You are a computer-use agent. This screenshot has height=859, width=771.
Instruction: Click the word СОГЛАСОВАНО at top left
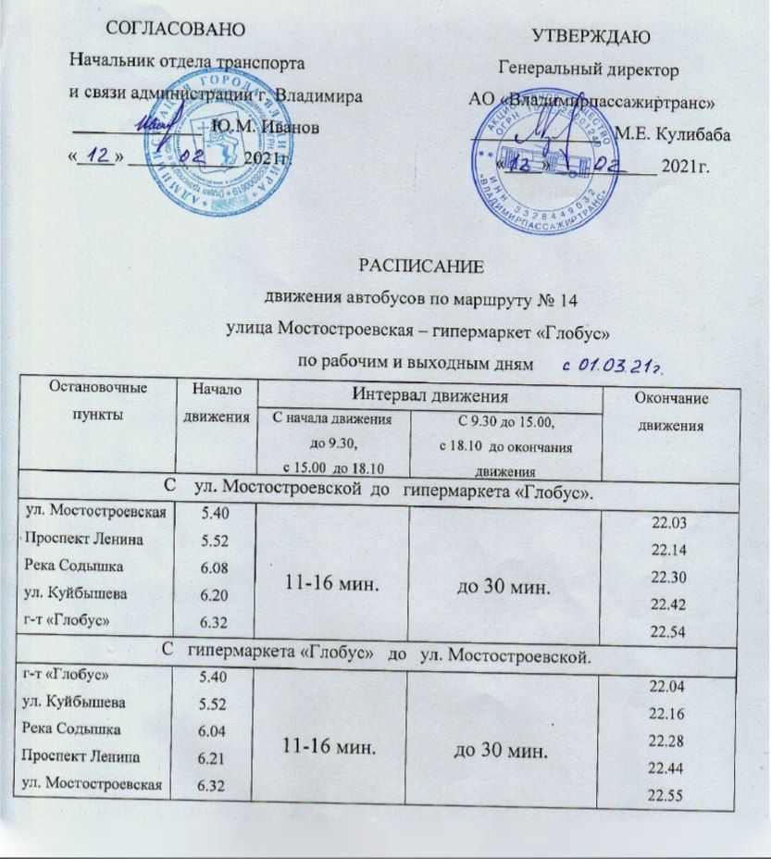pyautogui.click(x=176, y=29)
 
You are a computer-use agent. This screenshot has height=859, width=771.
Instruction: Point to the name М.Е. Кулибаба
pyautogui.click(x=672, y=135)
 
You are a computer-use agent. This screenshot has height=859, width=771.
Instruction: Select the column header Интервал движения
pyautogui.click(x=430, y=396)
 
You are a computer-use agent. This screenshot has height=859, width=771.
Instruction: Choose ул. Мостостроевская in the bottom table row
pyautogui.click(x=93, y=785)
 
